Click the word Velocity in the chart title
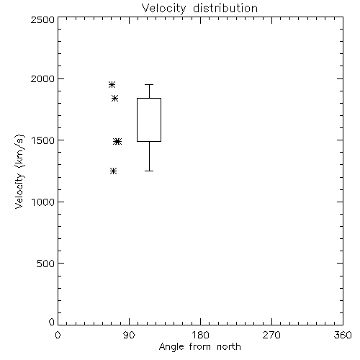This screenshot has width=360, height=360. click(x=164, y=9)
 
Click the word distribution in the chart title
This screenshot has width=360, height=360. click(x=225, y=8)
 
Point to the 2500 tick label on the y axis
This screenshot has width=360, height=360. click(x=42, y=19)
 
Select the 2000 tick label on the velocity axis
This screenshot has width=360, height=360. click(x=42, y=78)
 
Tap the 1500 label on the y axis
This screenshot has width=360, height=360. click(x=43, y=140)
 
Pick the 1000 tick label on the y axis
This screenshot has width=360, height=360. click(x=43, y=202)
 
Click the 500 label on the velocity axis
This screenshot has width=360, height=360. click(x=46, y=264)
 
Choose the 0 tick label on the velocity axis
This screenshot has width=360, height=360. click(x=52, y=322)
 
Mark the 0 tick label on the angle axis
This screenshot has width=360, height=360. click(x=58, y=335)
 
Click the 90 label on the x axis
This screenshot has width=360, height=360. click(x=129, y=335)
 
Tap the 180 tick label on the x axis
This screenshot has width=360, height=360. click(x=200, y=335)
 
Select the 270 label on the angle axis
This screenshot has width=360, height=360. click(x=271, y=335)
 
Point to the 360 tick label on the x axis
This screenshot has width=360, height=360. click(x=343, y=335)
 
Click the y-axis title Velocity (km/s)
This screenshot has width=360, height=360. click(x=19, y=171)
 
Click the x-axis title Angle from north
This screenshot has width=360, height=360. click(x=200, y=347)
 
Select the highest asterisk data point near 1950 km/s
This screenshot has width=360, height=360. click(x=112, y=84)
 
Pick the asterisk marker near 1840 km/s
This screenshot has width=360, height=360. click(x=115, y=98)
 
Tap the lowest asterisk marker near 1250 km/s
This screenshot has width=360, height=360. click(x=114, y=171)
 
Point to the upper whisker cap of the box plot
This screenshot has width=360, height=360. click(x=149, y=84)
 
